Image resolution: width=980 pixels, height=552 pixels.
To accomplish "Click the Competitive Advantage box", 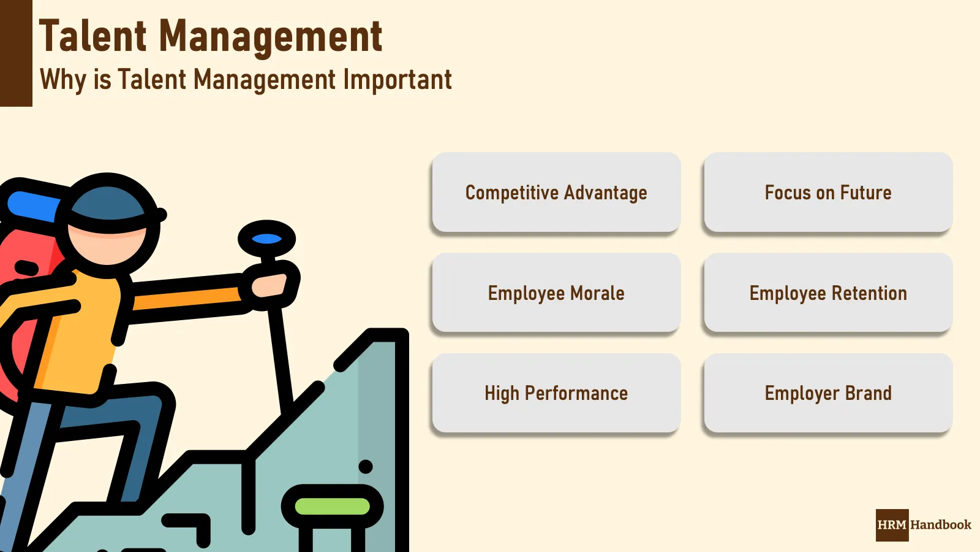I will [x=556, y=193].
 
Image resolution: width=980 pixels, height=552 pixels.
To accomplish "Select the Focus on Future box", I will [x=828, y=193].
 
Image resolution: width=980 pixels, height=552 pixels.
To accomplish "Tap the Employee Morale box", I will [x=556, y=293].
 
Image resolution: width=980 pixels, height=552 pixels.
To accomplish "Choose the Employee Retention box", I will [x=828, y=293].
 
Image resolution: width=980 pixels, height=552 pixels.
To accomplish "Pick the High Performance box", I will [x=556, y=393].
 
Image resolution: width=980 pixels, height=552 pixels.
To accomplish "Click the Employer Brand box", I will [x=828, y=393].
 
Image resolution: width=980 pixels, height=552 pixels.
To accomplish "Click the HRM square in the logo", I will [x=892, y=525].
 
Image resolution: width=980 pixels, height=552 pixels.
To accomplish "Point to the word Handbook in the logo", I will [x=941, y=525].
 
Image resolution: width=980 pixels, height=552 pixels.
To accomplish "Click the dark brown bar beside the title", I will [x=16, y=53].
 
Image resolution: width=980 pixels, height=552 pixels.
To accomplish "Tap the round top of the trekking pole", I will [x=266, y=239].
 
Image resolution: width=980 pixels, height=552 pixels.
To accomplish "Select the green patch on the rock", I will [x=333, y=507].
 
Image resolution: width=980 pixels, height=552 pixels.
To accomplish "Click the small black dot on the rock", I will [x=366, y=467].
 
